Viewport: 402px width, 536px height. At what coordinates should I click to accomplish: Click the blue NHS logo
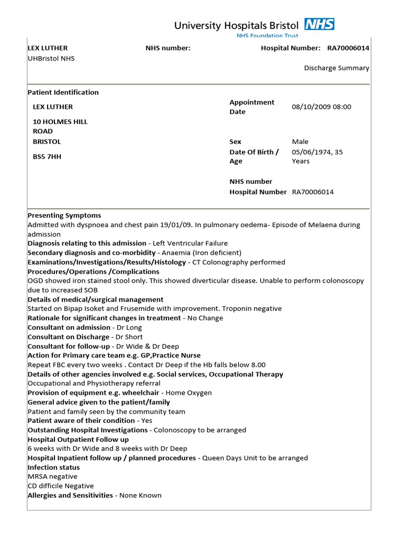pyautogui.click(x=319, y=24)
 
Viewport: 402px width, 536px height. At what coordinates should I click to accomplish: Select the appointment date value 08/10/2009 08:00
pyautogui.click(x=321, y=107)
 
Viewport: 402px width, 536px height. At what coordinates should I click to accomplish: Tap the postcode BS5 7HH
pyautogui.click(x=47, y=157)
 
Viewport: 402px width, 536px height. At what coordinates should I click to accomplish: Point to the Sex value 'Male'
pyautogui.click(x=300, y=142)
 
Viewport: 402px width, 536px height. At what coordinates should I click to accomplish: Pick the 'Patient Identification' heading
pyautogui.click(x=63, y=93)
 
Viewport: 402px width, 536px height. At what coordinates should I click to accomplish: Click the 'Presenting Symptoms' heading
pyautogui.click(x=64, y=216)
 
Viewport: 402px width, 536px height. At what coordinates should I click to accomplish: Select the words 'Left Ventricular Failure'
pyautogui.click(x=190, y=243)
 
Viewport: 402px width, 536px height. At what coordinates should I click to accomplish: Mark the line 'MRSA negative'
pyautogui.click(x=52, y=477)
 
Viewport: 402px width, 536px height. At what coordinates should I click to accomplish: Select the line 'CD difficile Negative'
pyautogui.click(x=61, y=486)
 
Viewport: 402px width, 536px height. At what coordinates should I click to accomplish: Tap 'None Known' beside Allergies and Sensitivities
pyautogui.click(x=140, y=496)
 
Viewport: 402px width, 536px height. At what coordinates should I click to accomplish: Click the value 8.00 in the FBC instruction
pyautogui.click(x=256, y=365)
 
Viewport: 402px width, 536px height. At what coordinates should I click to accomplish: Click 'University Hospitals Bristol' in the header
pyautogui.click(x=236, y=25)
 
